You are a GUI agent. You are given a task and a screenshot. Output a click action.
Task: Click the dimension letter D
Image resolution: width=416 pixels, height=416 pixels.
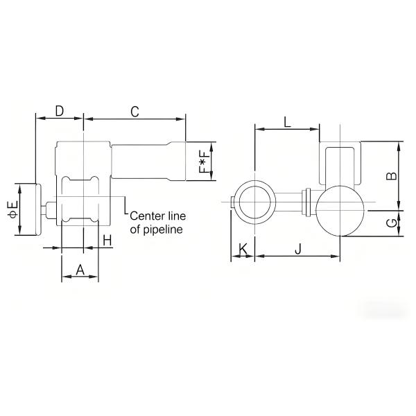[59, 111]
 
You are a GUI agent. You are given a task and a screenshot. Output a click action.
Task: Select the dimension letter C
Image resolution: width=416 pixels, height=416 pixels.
[135, 111]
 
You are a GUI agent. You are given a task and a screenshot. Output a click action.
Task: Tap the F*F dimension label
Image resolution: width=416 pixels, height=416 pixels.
[202, 160]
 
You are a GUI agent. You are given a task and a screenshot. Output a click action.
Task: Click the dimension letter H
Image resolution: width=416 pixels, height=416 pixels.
[106, 240]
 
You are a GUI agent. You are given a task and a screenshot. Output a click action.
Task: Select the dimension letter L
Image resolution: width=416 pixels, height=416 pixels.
[287, 122]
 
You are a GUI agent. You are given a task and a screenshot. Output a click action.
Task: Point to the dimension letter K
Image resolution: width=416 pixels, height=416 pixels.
[243, 248]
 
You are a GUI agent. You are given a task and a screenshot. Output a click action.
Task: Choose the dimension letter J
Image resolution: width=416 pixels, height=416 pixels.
[297, 248]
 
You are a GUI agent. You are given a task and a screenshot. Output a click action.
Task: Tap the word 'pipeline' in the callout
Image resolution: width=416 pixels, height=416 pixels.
[164, 228]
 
